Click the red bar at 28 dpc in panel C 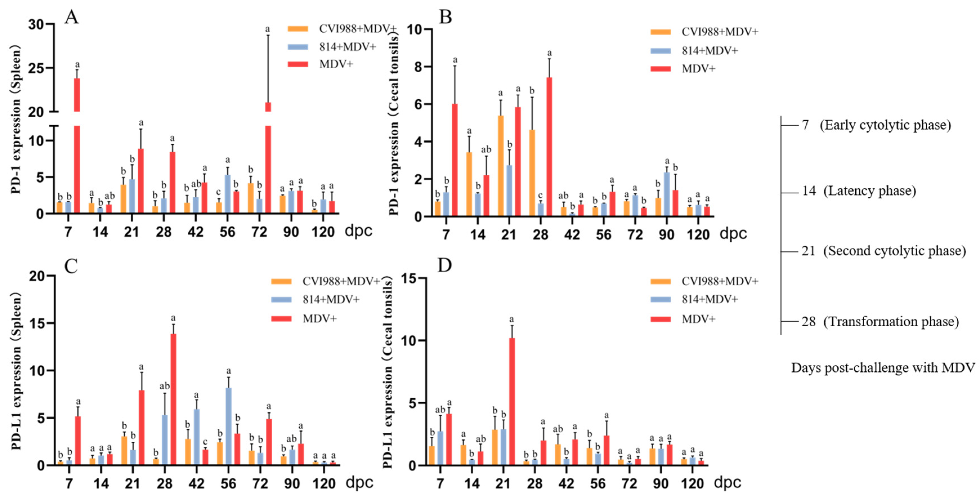click(174, 400)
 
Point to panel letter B click(445, 17)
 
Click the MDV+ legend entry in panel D click(698, 319)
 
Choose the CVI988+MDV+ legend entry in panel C click(341, 281)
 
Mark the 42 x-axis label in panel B click(572, 235)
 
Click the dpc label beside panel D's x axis click(727, 482)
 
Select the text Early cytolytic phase click(885, 125)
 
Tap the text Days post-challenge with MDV click(883, 368)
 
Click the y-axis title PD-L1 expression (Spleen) click(16, 371)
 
